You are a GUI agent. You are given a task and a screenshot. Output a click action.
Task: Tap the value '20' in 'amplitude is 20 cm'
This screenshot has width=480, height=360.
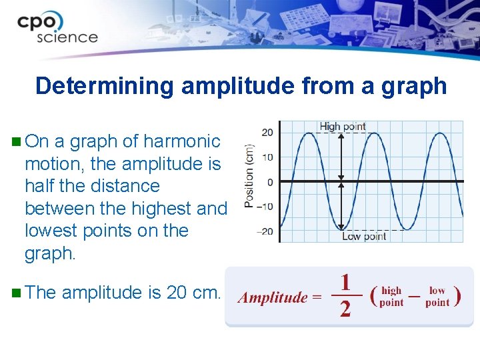[x=177, y=293]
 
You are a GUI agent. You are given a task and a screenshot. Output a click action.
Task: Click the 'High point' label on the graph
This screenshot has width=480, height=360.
[x=342, y=126]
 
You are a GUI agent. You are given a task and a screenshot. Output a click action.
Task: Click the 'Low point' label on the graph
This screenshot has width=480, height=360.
[x=364, y=236]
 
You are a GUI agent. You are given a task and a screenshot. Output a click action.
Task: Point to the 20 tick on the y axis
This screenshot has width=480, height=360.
[x=267, y=133]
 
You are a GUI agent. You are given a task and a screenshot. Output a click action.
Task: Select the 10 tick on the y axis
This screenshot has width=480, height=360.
[x=267, y=157]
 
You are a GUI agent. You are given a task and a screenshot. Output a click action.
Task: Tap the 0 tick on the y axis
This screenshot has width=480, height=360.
[x=269, y=182]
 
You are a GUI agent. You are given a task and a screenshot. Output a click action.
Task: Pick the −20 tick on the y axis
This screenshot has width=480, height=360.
[x=265, y=231]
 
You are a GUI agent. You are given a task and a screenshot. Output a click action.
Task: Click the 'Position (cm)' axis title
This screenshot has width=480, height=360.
[x=249, y=176]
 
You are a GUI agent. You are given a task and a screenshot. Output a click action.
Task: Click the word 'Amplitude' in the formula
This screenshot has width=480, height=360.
[x=273, y=297]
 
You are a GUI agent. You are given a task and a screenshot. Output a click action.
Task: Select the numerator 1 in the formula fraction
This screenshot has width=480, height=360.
[x=345, y=282]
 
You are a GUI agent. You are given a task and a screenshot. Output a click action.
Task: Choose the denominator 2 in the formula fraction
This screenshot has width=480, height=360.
[x=345, y=309]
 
